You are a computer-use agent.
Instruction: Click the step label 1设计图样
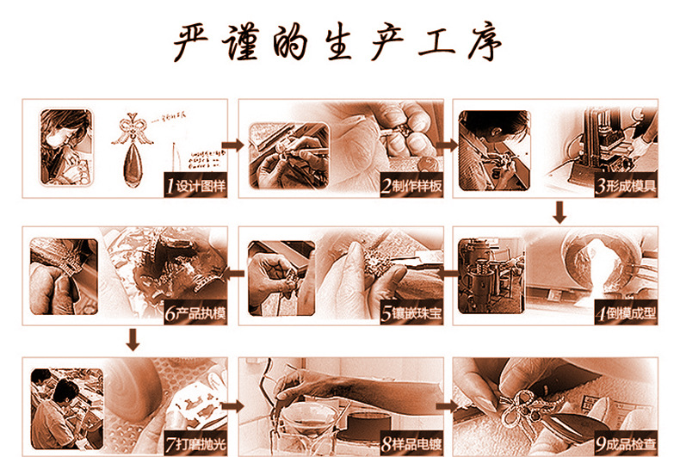pyautogui.click(x=195, y=186)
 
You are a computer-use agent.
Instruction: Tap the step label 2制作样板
pyautogui.click(x=411, y=186)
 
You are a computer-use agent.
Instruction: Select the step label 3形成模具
pyautogui.click(x=626, y=186)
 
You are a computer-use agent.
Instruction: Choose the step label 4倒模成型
pyautogui.click(x=626, y=312)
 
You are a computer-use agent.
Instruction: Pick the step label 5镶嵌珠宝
pyautogui.click(x=411, y=312)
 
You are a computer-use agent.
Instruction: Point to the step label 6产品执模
pyautogui.click(x=195, y=312)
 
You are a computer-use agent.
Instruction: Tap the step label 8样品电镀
pyautogui.click(x=411, y=443)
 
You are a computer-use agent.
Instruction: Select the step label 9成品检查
pyautogui.click(x=626, y=443)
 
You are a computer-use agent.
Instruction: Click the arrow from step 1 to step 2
pyautogui.click(x=232, y=145)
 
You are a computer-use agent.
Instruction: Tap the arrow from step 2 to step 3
pyautogui.click(x=447, y=145)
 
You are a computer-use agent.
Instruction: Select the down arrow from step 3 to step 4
pyautogui.click(x=559, y=212)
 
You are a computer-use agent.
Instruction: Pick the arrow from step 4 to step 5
pyautogui.click(x=447, y=272)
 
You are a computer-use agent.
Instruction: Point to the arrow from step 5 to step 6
pyautogui.click(x=233, y=272)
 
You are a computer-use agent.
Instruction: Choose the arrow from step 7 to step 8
pyautogui.click(x=232, y=404)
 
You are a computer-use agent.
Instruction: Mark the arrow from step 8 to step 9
pyautogui.click(x=447, y=404)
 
